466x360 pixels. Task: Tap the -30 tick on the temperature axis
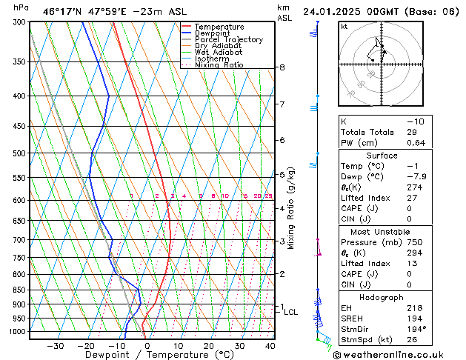click(55, 345)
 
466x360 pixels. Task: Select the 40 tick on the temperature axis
click(270, 345)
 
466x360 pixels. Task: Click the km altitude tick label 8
click(282, 67)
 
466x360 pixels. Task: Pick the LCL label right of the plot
click(291, 312)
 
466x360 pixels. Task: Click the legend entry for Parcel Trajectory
click(228, 39)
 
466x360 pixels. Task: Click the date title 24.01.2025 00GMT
click(358, 11)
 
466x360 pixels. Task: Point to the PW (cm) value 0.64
click(416, 143)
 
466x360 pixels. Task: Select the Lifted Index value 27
click(411, 198)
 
